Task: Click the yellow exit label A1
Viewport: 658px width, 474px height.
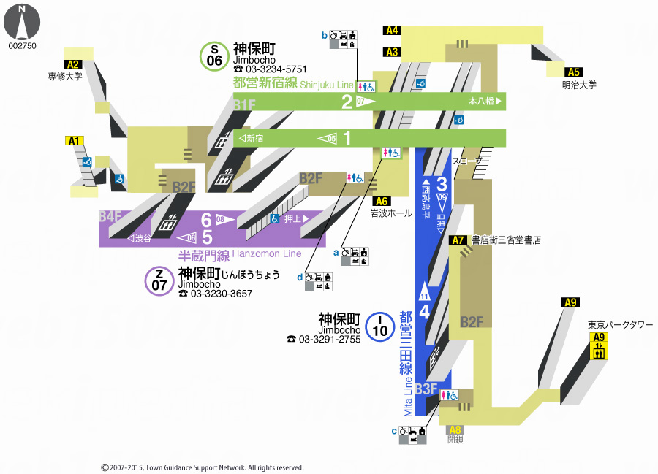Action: point(75,141)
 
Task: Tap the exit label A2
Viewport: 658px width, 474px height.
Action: point(72,64)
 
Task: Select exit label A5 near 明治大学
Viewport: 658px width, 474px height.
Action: point(573,72)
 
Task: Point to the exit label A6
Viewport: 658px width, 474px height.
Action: point(381,202)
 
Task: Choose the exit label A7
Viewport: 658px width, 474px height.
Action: point(458,240)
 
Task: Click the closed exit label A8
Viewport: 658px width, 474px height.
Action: point(455,429)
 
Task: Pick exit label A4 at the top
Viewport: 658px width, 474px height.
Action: point(393,31)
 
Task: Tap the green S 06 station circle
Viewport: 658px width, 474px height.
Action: point(214,56)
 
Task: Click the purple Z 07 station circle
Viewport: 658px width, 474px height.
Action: point(159,280)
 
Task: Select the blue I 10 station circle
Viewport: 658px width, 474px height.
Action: point(379,326)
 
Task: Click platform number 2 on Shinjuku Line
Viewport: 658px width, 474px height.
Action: point(347,102)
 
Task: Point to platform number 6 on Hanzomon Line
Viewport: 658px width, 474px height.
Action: point(206,220)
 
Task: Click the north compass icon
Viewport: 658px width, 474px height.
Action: point(22,22)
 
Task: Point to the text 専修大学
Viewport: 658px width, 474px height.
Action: point(67,75)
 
